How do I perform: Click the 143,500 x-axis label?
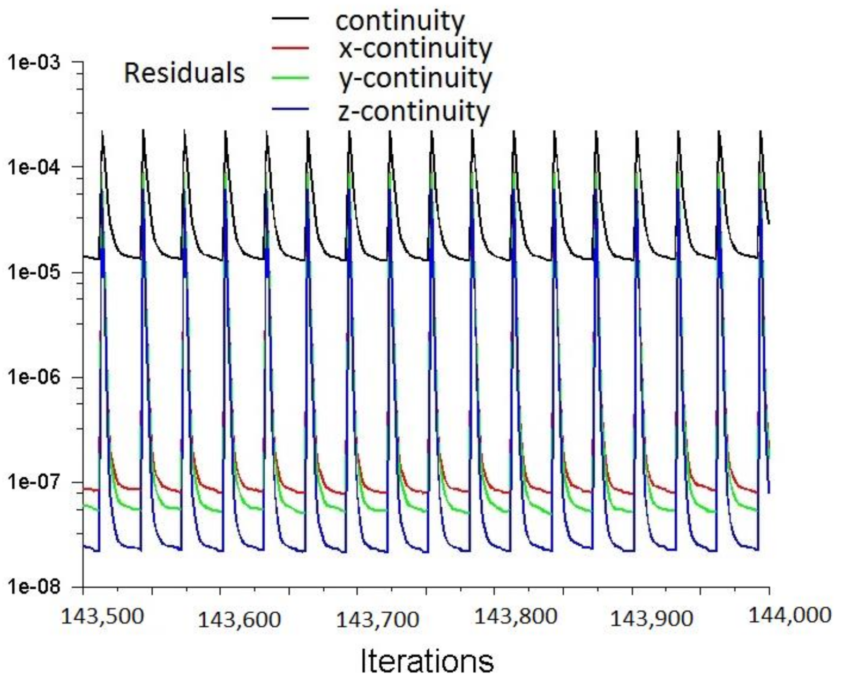point(102,616)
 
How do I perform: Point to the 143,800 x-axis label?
point(516,616)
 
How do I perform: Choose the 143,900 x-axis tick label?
point(652,619)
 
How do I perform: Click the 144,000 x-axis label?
point(789,615)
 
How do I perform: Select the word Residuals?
point(184,73)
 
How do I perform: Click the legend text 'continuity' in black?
point(400,21)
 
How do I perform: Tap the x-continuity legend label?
point(415,49)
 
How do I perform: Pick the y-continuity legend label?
point(415,79)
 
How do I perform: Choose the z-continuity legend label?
point(414,111)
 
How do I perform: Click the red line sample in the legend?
point(290,49)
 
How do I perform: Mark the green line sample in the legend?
point(290,79)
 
